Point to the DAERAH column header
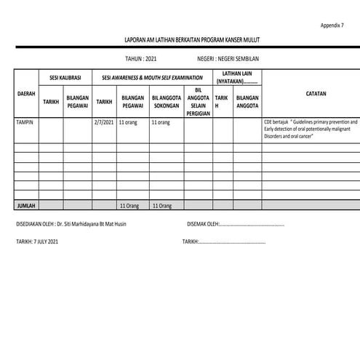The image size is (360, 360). click(x=26, y=93)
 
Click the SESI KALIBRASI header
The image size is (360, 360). click(x=65, y=76)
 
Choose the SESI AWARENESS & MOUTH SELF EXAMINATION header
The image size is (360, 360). click(x=151, y=76)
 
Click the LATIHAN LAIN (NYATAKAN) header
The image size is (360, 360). click(x=236, y=76)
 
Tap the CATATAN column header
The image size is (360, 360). click(x=311, y=93)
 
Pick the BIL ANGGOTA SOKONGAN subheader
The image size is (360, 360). click(x=166, y=101)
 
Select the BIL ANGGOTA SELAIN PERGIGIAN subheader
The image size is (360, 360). click(x=199, y=102)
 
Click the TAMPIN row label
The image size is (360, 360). click(x=24, y=123)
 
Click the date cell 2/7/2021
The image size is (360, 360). click(x=104, y=123)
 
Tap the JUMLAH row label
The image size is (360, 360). click(x=26, y=206)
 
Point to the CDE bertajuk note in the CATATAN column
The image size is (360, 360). click(x=311, y=129)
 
